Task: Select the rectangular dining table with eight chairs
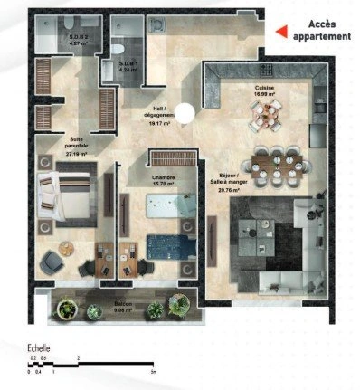pos(269,163)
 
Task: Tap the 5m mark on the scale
pos(154,372)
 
